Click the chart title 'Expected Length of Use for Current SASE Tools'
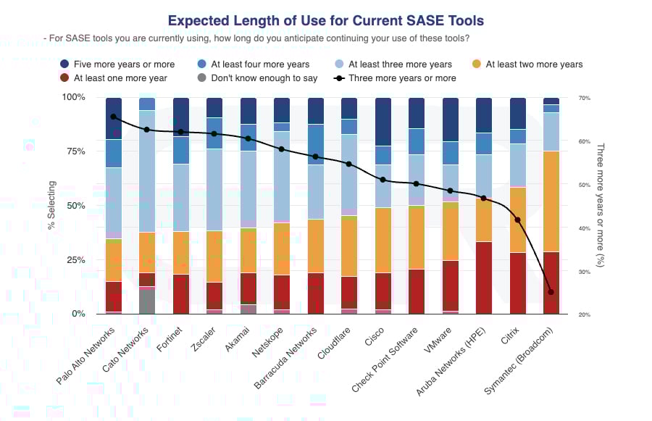[325, 21]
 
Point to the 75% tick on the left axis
[74, 151]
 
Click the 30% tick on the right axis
[584, 272]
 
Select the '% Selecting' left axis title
[51, 205]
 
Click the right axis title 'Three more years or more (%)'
[600, 205]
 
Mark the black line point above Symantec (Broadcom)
[551, 292]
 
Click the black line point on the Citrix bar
[517, 220]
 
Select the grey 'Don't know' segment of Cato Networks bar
[147, 301]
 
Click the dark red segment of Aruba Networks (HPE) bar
[483, 278]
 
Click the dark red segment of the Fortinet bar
[181, 293]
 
